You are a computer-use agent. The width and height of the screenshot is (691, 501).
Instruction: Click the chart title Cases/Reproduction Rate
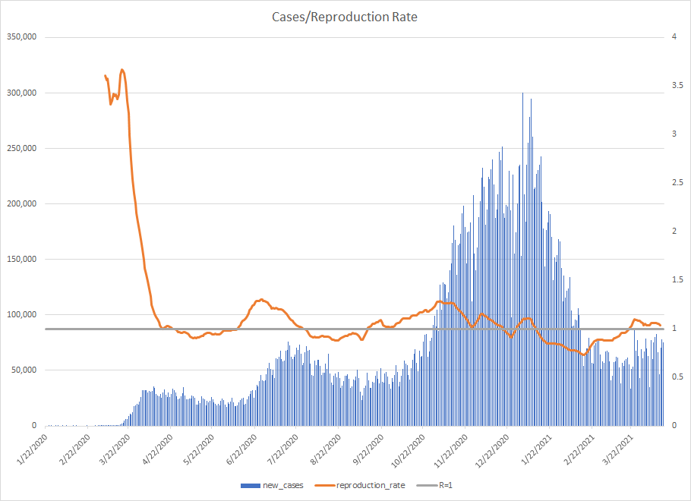(345, 16)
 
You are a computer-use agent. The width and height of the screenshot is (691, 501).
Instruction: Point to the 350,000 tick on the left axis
(21, 37)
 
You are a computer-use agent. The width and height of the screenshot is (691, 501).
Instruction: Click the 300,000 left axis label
(21, 93)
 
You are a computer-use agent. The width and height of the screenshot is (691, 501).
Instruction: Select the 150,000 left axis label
(21, 259)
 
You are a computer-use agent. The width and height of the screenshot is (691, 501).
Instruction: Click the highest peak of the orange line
(122, 70)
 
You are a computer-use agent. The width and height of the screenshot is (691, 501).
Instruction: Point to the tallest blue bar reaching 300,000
(522, 94)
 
